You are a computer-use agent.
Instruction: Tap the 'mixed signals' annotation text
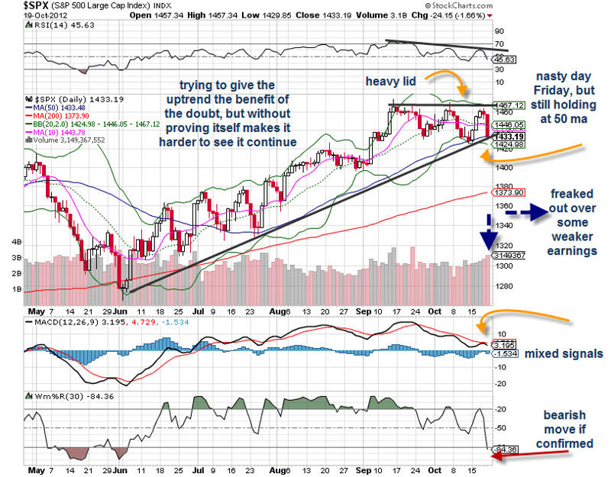coord(567,353)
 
